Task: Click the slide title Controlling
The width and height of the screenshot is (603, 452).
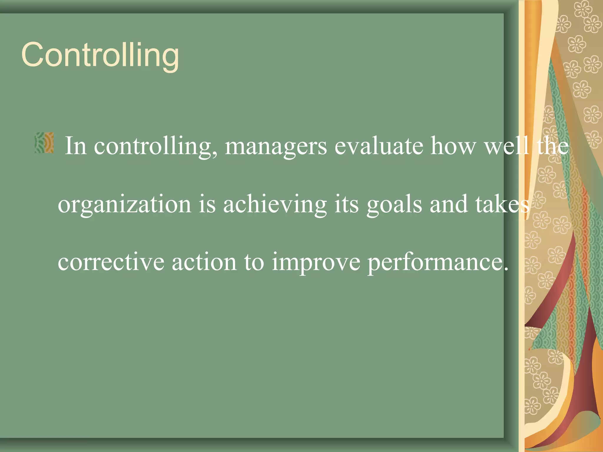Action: (100, 55)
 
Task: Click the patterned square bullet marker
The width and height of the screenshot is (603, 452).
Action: (44, 143)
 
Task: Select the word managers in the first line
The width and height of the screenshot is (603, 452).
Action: (276, 146)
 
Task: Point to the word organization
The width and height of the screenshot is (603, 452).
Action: (125, 205)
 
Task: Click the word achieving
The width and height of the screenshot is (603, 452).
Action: (275, 205)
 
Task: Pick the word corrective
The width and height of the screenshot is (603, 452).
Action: (111, 262)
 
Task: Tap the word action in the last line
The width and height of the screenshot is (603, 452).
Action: (204, 262)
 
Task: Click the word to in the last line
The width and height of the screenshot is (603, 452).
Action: (254, 262)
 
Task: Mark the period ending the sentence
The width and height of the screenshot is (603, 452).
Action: (506, 269)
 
